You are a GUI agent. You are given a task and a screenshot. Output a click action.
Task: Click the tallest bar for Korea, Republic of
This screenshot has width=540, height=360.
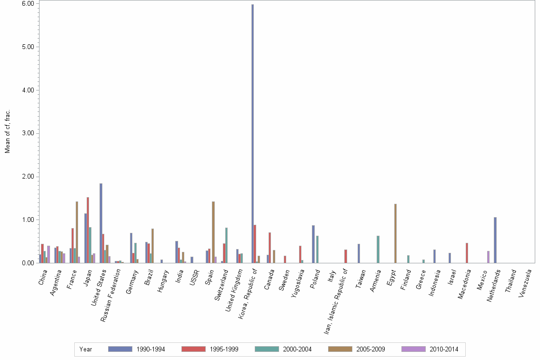point(252,133)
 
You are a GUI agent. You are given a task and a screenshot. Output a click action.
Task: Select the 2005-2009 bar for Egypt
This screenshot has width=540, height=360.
point(395,233)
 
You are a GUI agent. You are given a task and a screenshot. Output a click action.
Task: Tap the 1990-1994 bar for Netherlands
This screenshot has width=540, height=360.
point(495,240)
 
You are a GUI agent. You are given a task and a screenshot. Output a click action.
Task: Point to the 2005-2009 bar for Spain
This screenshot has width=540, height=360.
point(213,232)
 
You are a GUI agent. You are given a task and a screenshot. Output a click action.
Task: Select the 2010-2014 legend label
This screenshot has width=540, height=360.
point(444,350)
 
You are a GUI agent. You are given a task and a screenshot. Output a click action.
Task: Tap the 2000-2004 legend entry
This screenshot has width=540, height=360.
point(297,350)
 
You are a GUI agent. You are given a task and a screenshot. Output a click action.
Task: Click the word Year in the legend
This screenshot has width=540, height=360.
point(86,350)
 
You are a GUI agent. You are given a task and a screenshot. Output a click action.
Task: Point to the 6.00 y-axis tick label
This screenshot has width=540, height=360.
point(28,3)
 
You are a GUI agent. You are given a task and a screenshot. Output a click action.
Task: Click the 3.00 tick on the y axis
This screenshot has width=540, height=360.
point(28,133)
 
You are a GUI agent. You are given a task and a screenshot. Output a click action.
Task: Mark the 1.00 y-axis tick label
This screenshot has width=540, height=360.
point(28,220)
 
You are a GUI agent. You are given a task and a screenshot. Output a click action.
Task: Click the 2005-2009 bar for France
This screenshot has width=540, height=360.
point(77,232)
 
